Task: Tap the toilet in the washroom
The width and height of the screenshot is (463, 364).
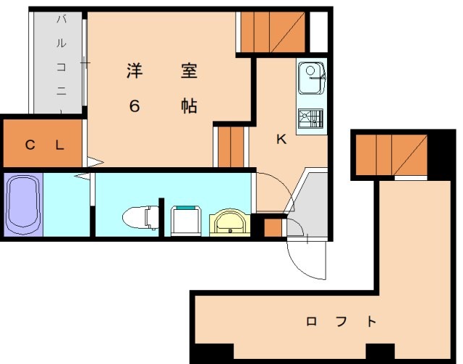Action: [140, 216]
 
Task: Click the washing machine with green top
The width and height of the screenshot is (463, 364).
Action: [187, 220]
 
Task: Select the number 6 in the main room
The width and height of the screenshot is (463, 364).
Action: [135, 106]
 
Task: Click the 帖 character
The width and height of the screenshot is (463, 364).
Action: [189, 106]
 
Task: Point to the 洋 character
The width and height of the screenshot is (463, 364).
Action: [135, 72]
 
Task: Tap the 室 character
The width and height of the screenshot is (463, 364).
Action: [189, 72]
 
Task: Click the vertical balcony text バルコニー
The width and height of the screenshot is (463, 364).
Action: [61, 62]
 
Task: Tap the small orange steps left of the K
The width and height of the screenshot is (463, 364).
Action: [231, 146]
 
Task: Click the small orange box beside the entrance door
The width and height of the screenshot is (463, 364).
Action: [273, 228]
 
